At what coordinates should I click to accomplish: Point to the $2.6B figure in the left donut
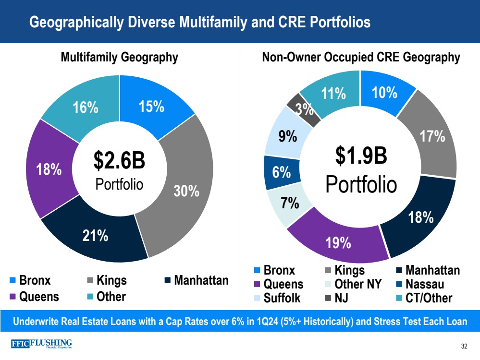[x=119, y=162]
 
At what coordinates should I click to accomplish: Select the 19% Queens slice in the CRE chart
[x=338, y=243]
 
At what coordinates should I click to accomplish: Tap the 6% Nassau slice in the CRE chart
[x=281, y=171]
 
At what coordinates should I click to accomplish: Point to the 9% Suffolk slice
[x=287, y=136]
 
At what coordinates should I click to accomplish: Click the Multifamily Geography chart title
[x=119, y=58]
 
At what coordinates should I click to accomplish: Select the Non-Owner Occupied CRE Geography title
[x=361, y=58]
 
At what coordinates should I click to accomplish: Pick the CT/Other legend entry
[x=429, y=298]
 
